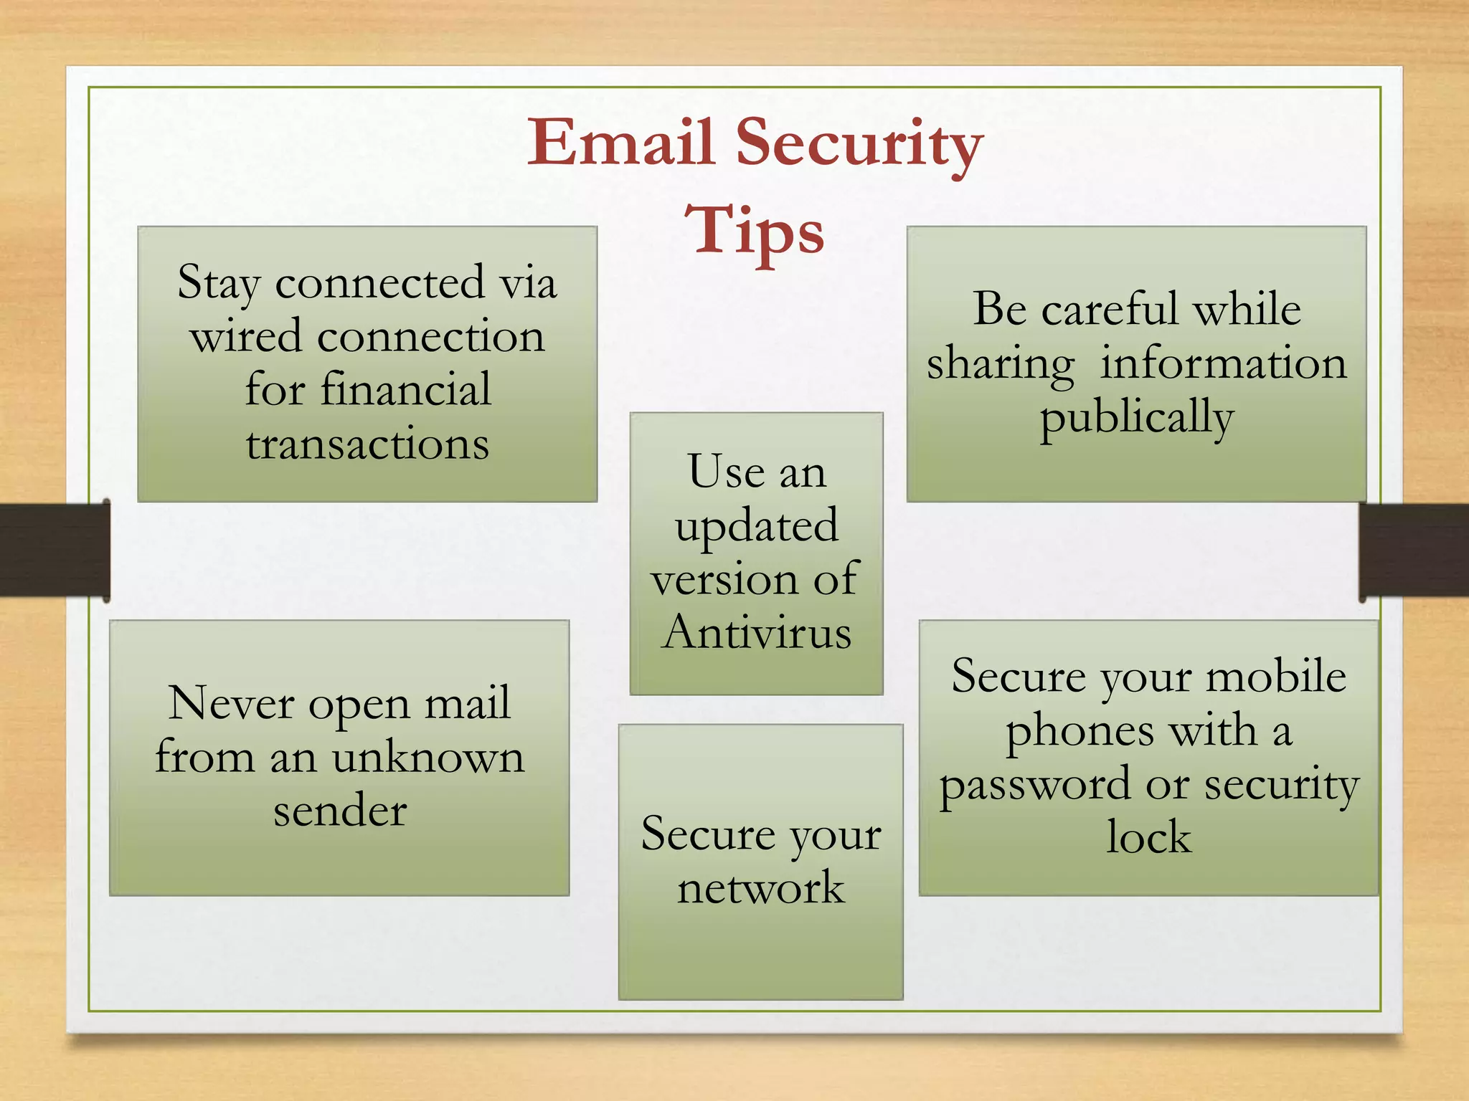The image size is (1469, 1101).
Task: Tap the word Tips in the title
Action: pyautogui.click(x=754, y=231)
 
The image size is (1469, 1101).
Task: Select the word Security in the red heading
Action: pyautogui.click(x=859, y=143)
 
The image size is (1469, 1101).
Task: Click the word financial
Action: pyautogui.click(x=405, y=390)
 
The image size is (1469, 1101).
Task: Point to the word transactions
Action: pyautogui.click(x=368, y=444)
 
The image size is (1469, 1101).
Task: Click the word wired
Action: pyautogui.click(x=246, y=336)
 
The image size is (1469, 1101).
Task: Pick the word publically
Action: pyautogui.click(x=1136, y=418)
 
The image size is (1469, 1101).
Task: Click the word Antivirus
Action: pyautogui.click(x=757, y=633)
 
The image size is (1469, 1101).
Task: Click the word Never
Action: pyautogui.click(x=231, y=703)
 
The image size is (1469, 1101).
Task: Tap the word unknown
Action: pyautogui.click(x=428, y=757)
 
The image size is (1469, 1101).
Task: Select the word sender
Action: pyautogui.click(x=340, y=811)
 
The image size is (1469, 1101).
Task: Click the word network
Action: pyautogui.click(x=760, y=888)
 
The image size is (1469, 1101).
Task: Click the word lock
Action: pyautogui.click(x=1148, y=837)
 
